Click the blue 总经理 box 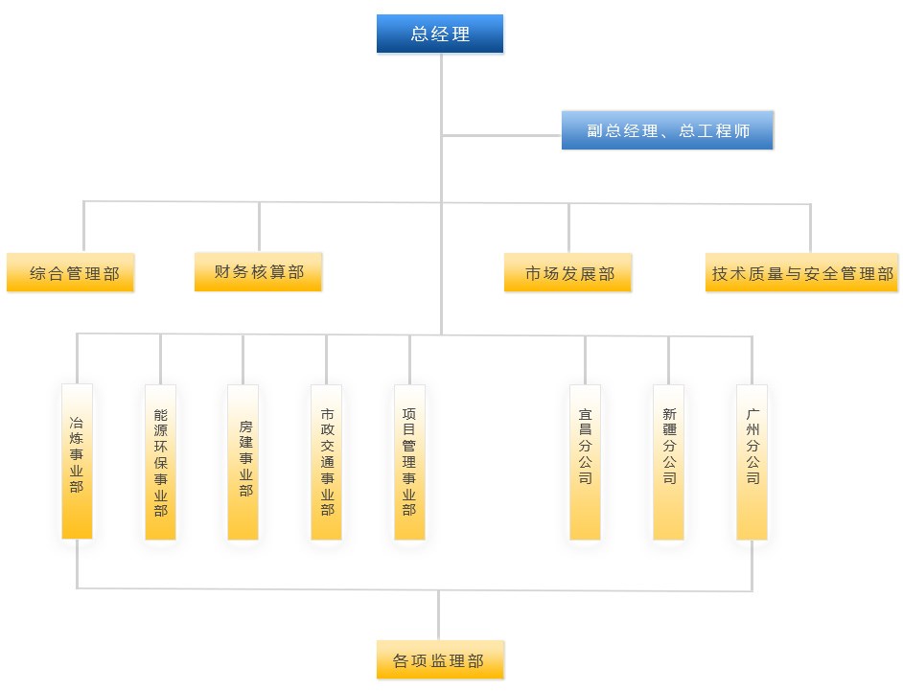[440, 34]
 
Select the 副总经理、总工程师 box [667, 130]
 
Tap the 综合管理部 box [70, 272]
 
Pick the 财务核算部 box [258, 272]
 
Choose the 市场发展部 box [567, 272]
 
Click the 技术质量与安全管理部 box [801, 272]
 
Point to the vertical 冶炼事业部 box [78, 461]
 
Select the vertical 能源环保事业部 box [161, 462]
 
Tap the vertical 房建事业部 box [243, 462]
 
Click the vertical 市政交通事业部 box [327, 462]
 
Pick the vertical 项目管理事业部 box [410, 462]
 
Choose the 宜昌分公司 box [585, 462]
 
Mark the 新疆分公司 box [668, 462]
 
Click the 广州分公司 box [752, 462]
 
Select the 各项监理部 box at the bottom [441, 659]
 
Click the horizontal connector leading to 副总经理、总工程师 [501, 136]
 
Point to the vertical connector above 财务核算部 [259, 227]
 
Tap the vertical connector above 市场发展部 [569, 228]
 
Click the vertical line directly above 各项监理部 [439, 615]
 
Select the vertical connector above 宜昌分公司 [585, 360]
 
